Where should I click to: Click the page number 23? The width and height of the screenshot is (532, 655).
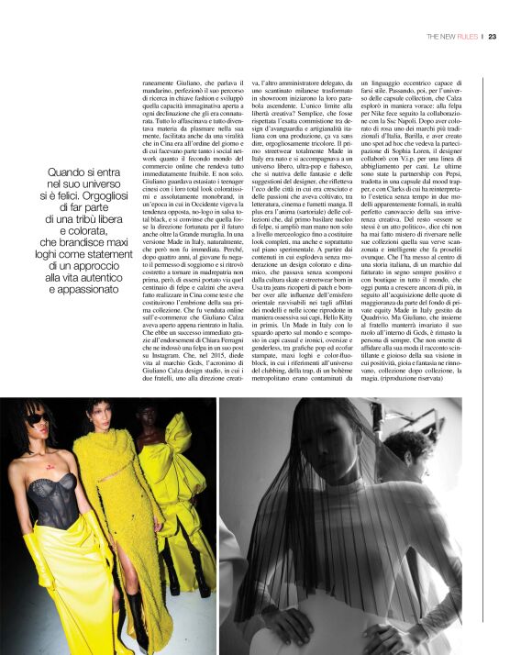(x=493, y=37)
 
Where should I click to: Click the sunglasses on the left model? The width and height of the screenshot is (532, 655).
(x=35, y=422)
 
